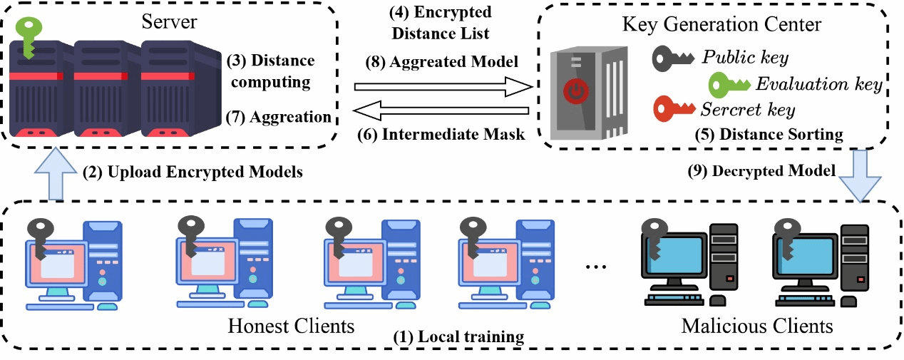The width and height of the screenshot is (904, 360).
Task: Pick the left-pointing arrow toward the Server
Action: click(x=442, y=110)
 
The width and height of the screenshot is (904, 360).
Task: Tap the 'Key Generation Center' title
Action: click(x=721, y=24)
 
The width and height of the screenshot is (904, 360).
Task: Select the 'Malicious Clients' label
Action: click(x=757, y=327)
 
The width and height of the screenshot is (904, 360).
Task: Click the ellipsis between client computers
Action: click(x=594, y=267)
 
